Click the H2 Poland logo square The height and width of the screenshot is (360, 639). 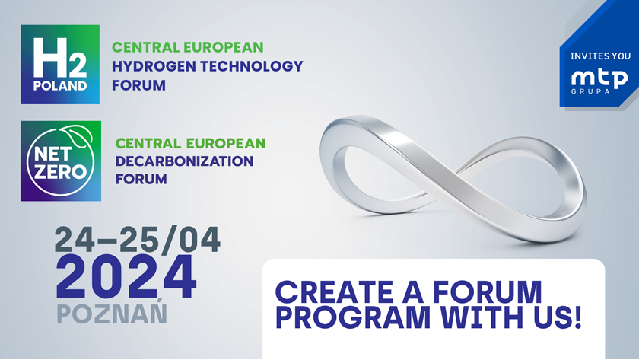click(x=60, y=64)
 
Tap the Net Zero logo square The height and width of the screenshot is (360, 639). click(x=61, y=161)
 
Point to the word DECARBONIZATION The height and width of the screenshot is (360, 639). click(x=184, y=161)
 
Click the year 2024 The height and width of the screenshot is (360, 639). click(x=126, y=277)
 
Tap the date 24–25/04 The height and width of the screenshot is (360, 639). click(x=138, y=240)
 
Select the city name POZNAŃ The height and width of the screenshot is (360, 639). click(x=112, y=312)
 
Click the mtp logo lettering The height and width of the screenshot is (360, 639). click(x=599, y=78)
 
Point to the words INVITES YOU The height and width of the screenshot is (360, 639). click(x=600, y=56)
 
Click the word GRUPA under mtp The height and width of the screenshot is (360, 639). click(x=590, y=91)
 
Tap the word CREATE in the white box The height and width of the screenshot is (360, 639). click(x=333, y=292)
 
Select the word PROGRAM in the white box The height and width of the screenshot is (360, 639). click(x=353, y=317)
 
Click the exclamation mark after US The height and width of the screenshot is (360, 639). click(x=577, y=317)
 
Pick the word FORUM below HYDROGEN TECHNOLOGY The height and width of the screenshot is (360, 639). click(x=139, y=85)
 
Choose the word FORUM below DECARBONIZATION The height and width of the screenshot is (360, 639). click(x=141, y=179)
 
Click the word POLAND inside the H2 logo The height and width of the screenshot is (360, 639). click(x=60, y=86)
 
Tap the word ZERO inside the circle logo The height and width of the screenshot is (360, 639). click(x=60, y=172)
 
